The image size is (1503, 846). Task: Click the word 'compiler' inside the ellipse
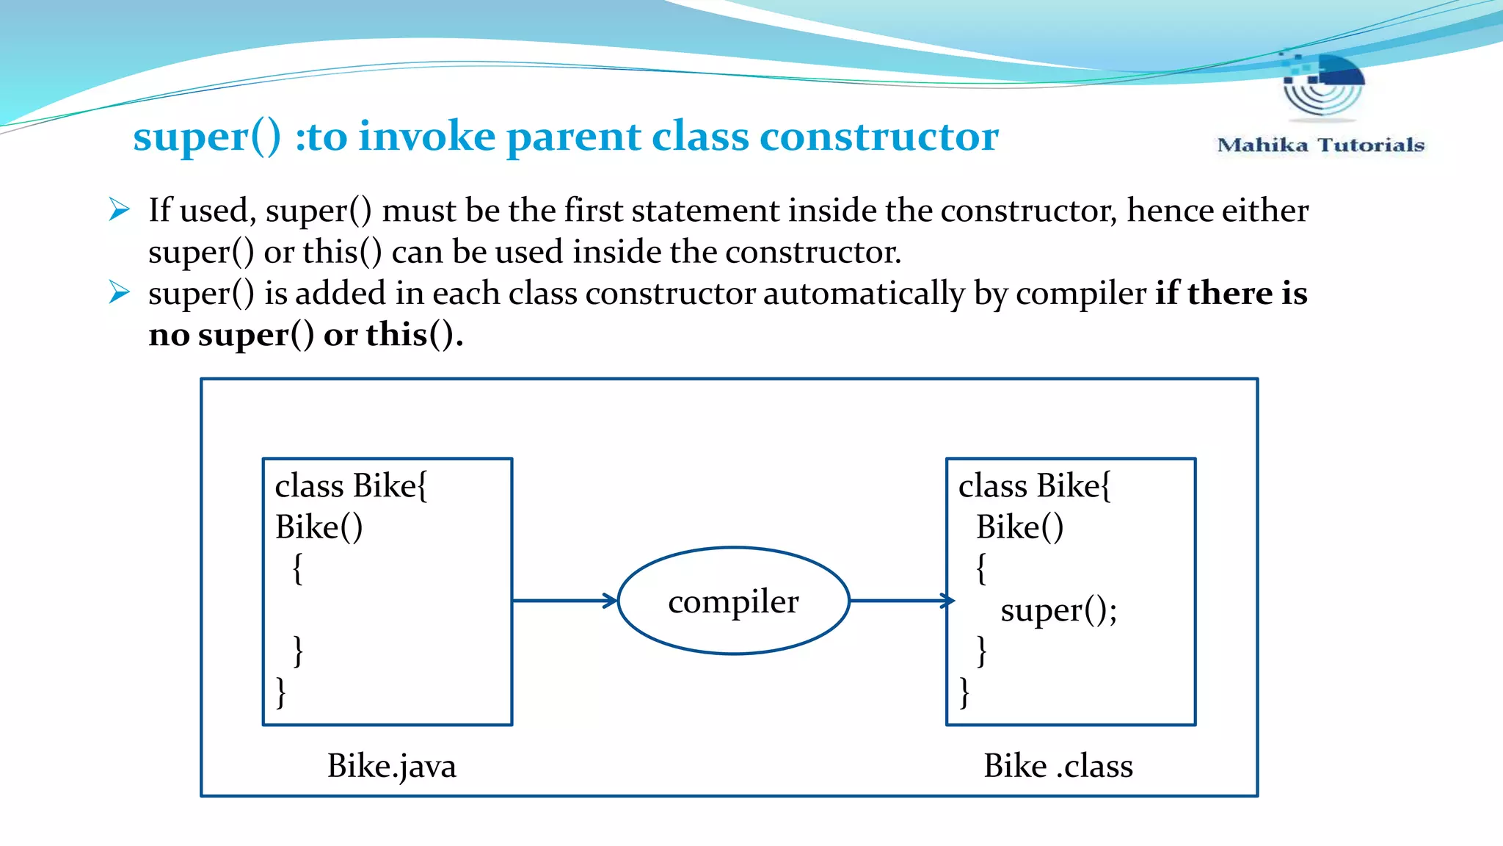[x=733, y=602]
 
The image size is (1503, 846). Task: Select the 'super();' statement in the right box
[x=1058, y=610]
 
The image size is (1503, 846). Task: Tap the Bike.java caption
[x=391, y=766]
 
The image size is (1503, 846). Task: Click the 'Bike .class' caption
[x=1058, y=766]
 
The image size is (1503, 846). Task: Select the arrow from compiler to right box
[x=901, y=601]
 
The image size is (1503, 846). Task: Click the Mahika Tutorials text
[x=1320, y=145]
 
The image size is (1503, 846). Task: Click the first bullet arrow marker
[x=119, y=209]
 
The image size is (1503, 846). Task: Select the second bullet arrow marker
[x=119, y=292]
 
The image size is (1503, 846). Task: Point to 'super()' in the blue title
[x=207, y=137]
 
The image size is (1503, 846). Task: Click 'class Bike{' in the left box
[x=351, y=486]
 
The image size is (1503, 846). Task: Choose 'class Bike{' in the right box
[x=1034, y=486]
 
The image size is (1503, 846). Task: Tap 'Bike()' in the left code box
[x=319, y=527]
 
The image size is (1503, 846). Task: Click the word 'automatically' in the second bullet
[x=864, y=294]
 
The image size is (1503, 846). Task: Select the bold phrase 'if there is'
[x=1231, y=293]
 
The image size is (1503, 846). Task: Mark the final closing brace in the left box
[x=280, y=693]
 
